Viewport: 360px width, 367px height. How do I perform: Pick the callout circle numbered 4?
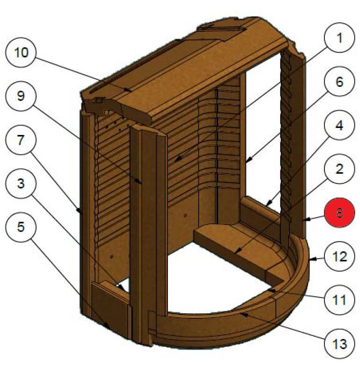tap(339, 126)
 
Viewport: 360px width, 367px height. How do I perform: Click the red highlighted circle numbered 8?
tap(339, 213)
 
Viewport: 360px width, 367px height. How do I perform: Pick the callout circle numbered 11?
tap(339, 299)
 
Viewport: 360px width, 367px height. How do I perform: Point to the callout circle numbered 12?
tap(339, 256)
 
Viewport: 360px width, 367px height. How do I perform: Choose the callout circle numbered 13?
tap(339, 345)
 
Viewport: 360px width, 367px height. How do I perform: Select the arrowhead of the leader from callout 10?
tap(133, 90)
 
